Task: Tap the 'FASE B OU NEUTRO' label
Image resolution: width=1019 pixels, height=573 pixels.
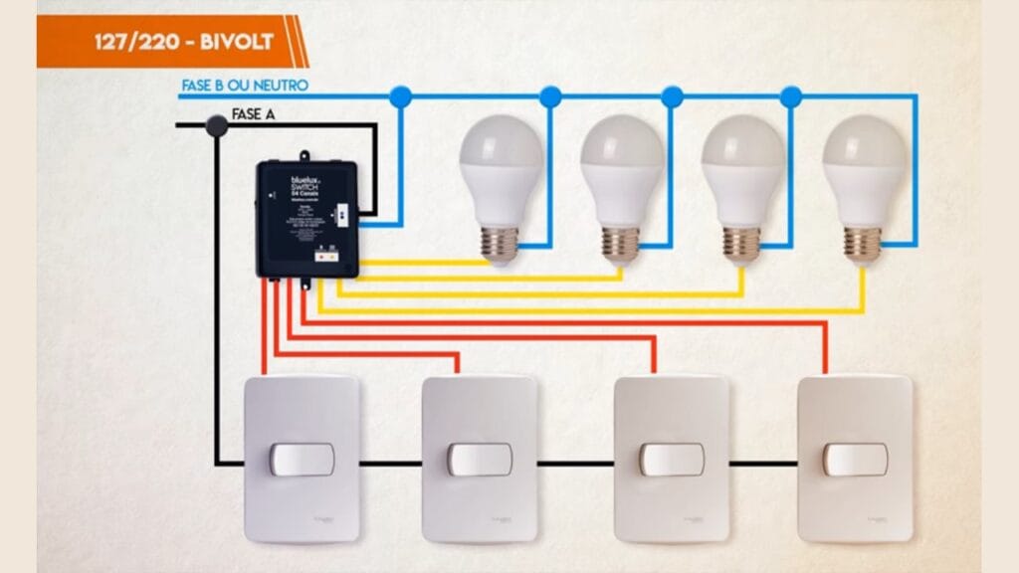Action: point(244,86)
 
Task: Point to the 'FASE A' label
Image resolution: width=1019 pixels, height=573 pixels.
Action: point(253,114)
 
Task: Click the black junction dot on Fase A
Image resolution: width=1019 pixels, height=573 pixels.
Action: point(216,125)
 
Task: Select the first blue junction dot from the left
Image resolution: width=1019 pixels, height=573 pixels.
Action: point(400,96)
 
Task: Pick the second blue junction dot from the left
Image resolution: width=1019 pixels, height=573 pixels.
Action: point(550,96)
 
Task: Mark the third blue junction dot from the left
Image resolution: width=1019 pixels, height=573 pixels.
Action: point(672,96)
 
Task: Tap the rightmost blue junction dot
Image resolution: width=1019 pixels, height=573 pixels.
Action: point(791,96)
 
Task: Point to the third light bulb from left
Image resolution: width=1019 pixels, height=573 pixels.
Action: point(742,184)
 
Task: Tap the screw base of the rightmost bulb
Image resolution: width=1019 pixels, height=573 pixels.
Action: point(863,244)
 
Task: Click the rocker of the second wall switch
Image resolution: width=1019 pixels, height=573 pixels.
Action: point(480,460)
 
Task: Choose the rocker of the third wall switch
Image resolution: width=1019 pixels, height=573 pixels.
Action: point(672,460)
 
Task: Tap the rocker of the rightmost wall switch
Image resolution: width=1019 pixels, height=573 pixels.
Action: point(855,460)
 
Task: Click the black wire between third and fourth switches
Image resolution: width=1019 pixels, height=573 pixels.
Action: point(763,464)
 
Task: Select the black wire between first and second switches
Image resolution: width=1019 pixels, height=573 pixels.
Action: point(391,464)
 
